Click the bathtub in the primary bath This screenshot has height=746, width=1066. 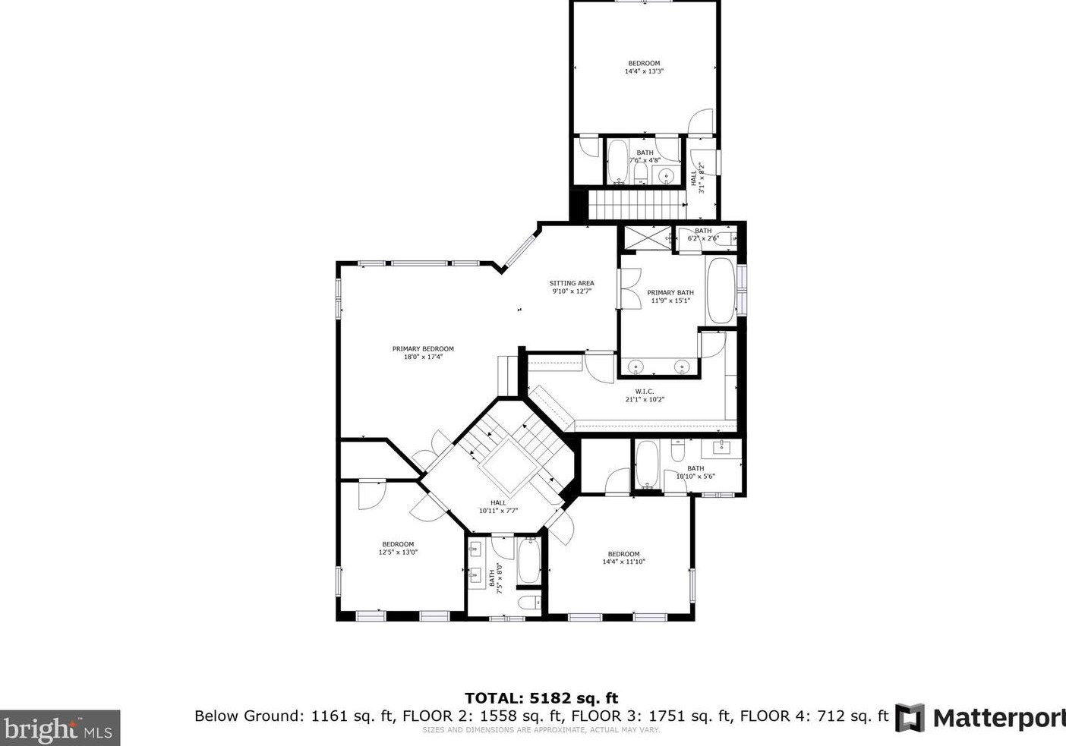[x=721, y=291]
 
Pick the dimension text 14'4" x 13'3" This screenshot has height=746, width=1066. [x=644, y=71]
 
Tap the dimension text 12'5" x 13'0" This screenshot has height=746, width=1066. [x=398, y=552]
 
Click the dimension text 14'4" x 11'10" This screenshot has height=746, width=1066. [x=623, y=562]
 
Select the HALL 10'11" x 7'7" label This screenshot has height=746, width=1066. [x=498, y=506]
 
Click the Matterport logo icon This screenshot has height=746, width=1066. [x=910, y=717]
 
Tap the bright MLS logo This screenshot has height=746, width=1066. [x=60, y=729]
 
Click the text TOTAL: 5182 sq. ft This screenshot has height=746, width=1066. [x=541, y=698]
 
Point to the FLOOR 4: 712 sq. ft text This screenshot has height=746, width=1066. [x=814, y=716]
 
